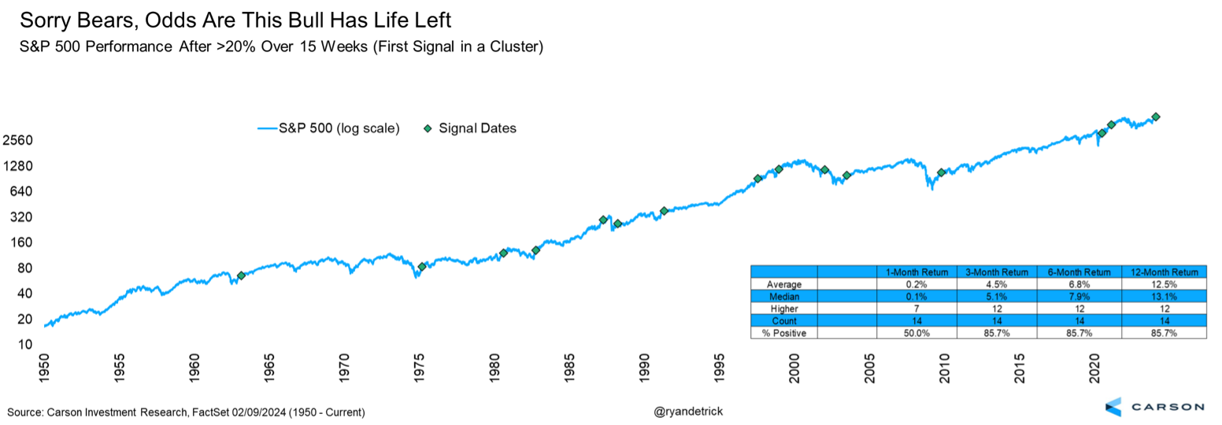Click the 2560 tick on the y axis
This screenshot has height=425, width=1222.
coord(17,141)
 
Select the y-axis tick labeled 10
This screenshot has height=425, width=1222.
coord(25,345)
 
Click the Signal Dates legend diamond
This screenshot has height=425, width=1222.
coord(428,128)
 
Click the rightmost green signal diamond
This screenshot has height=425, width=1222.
coord(1155,117)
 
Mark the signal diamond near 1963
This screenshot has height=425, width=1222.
coord(241,275)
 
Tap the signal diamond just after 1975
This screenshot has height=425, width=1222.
coord(422,267)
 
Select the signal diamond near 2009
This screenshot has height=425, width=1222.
coord(941,172)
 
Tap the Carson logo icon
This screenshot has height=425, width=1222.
coord(1113,407)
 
